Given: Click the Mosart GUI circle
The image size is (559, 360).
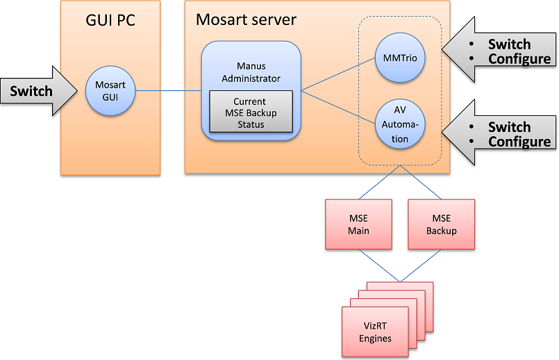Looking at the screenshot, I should pyautogui.click(x=110, y=91).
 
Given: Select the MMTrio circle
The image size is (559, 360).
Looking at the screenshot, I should pyautogui.click(x=399, y=58).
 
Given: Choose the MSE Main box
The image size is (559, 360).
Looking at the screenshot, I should pyautogui.click(x=358, y=224).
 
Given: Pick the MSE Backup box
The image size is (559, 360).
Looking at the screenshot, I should pyautogui.click(x=441, y=224).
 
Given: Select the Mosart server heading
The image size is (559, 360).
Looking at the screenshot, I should pyautogui.click(x=246, y=19).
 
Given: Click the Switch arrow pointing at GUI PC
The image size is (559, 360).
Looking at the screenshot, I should pyautogui.click(x=35, y=91).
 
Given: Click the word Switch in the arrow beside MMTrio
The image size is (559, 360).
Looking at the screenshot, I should pyautogui.click(x=508, y=44).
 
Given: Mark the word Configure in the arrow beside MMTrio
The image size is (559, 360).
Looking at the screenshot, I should pyautogui.click(x=519, y=59).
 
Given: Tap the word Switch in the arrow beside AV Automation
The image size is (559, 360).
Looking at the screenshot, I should pyautogui.click(x=508, y=126).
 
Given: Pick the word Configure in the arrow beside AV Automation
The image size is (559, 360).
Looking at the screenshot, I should pyautogui.click(x=519, y=142).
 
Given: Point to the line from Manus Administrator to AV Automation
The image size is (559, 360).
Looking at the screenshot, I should pyautogui.click(x=337, y=106).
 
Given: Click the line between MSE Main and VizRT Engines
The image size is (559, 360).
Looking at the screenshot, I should pyautogui.click(x=378, y=265).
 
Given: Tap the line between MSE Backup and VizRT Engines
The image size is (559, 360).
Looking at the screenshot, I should pyautogui.click(x=421, y=265).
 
